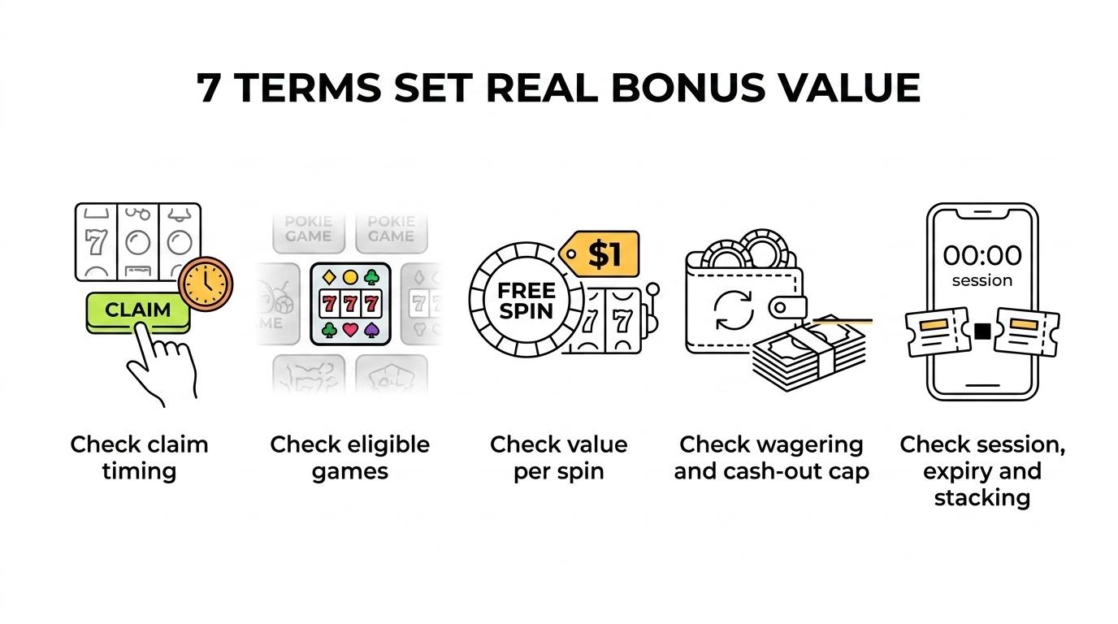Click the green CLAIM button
[x=138, y=313]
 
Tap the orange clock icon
[x=206, y=284]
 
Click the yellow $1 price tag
[x=599, y=253]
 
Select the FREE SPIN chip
[x=526, y=300]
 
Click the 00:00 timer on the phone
[x=982, y=256]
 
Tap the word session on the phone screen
[x=982, y=280]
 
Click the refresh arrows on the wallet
[x=734, y=310]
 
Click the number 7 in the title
[x=208, y=89]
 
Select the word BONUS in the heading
[x=687, y=88]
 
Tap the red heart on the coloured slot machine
[x=350, y=330]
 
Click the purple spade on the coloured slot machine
[x=372, y=330]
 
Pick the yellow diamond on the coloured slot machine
[x=329, y=277]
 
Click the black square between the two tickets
[x=982, y=331]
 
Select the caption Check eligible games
[x=350, y=457]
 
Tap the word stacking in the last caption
[x=982, y=498]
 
